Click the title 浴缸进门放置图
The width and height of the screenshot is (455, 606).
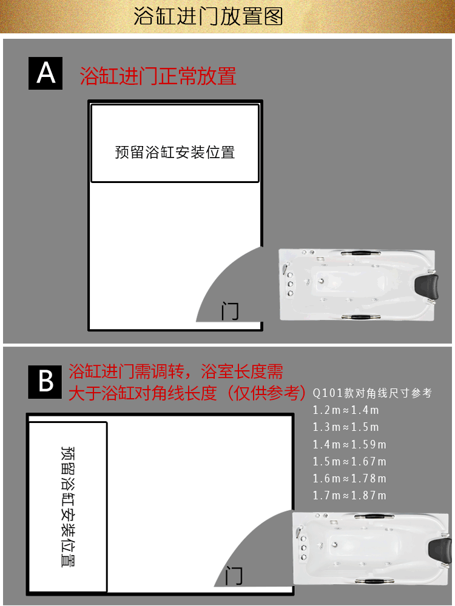click(x=208, y=16)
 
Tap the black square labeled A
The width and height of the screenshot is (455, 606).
click(x=45, y=73)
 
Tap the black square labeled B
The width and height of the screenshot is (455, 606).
click(x=45, y=382)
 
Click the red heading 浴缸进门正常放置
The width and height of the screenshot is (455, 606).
click(x=158, y=76)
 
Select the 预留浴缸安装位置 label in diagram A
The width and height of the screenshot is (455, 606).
click(x=175, y=152)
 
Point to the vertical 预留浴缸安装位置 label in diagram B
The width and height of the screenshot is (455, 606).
click(x=68, y=506)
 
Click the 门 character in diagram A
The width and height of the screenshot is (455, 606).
click(x=230, y=311)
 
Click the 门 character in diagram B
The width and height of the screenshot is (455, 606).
click(x=234, y=576)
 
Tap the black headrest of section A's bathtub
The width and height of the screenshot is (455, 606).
click(x=426, y=287)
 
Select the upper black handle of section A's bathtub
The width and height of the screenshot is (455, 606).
click(x=360, y=253)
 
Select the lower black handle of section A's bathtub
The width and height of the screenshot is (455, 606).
click(x=360, y=318)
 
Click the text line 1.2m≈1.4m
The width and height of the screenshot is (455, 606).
click(x=346, y=410)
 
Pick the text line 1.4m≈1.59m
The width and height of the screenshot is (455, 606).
click(x=349, y=444)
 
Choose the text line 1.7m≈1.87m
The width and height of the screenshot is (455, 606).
click(x=349, y=496)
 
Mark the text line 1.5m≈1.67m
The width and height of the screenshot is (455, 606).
click(x=349, y=461)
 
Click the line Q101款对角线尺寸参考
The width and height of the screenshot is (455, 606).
click(x=372, y=393)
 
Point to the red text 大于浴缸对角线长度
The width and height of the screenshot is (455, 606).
click(x=143, y=393)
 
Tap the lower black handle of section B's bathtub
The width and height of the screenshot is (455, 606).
click(x=374, y=581)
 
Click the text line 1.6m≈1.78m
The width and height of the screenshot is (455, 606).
click(x=349, y=479)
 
